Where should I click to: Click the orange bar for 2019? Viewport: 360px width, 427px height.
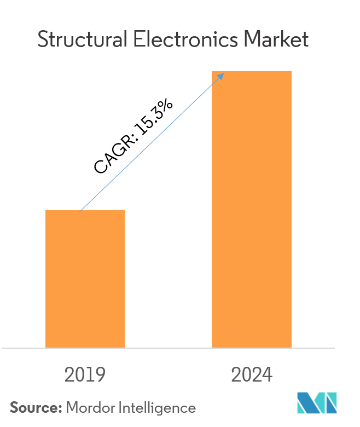[85, 279]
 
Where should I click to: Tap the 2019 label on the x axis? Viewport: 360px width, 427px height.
[85, 375]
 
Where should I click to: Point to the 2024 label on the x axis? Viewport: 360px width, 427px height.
[252, 375]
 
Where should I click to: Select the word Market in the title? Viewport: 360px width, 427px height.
[276, 39]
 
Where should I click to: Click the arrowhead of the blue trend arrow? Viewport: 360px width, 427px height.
[222, 75]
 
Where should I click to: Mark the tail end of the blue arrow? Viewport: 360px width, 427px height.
[81, 210]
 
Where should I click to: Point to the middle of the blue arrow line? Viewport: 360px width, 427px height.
[152, 142]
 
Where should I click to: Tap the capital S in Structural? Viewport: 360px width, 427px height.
[42, 39]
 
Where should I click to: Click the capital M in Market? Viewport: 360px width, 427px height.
[253, 39]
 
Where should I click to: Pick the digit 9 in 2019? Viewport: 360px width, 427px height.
[100, 375]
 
